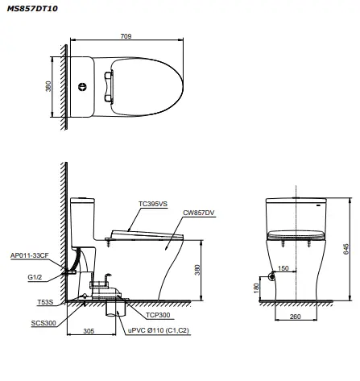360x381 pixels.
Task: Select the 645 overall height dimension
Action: (346, 250)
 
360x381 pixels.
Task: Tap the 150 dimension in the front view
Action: (284, 268)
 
